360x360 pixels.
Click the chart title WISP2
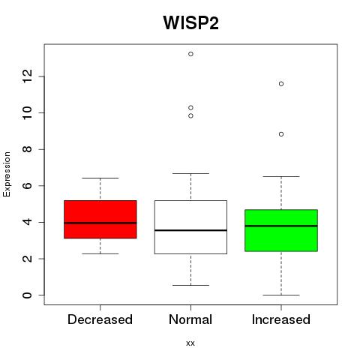191,22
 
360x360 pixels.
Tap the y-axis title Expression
7,174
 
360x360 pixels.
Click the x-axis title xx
190,343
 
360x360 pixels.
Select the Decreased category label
100,319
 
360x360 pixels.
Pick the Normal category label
190,319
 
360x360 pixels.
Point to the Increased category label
281,319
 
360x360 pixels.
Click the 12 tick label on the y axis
28,76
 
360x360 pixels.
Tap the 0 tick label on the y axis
28,295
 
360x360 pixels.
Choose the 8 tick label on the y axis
28,149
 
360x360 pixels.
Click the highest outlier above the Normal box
190,54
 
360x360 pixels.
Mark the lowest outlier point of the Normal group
190,115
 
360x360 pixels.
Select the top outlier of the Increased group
281,84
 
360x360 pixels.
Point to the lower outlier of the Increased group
281,134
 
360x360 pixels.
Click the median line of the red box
100,223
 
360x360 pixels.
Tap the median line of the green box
281,226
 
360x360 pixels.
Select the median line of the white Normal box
190,230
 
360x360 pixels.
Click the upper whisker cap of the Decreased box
100,178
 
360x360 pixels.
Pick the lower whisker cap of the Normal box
190,285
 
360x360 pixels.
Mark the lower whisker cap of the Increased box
281,295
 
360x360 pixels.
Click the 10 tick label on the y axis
28,112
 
